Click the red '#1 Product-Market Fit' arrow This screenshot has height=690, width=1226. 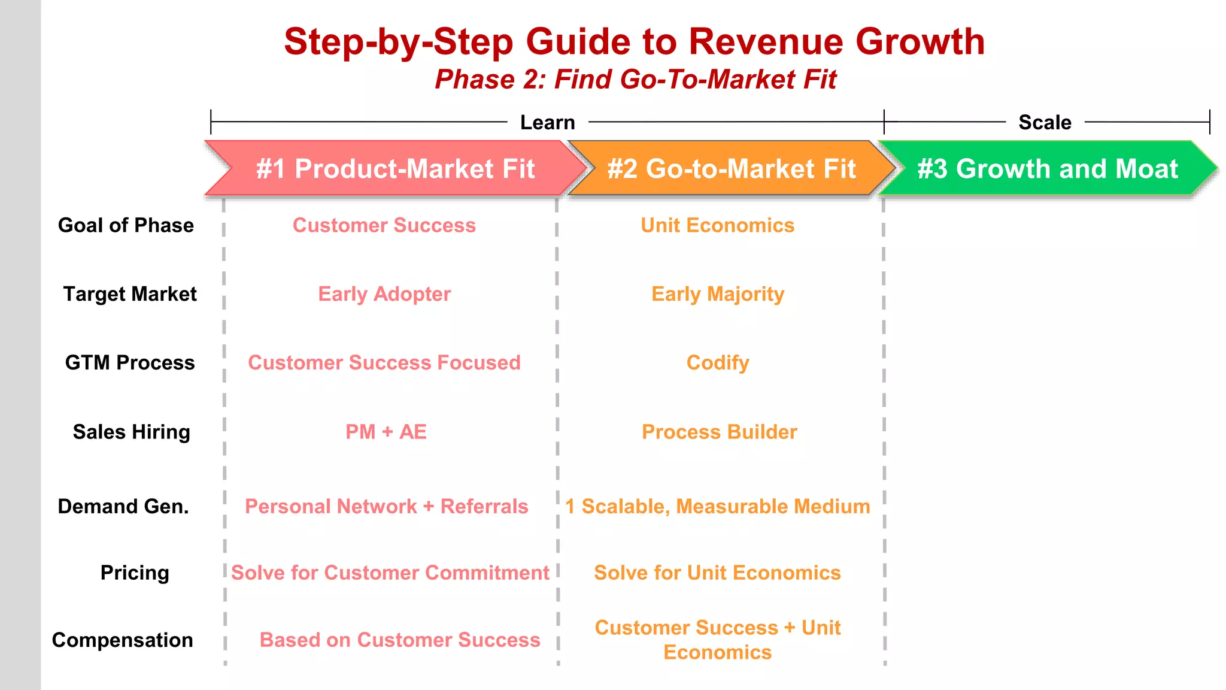tap(395, 169)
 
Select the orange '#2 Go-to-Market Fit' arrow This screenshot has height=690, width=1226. tap(732, 169)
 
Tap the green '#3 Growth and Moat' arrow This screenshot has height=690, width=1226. tap(1048, 169)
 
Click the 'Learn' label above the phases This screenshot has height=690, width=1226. tap(547, 122)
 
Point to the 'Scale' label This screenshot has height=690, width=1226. tap(1045, 122)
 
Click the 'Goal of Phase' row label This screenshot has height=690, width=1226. tap(126, 225)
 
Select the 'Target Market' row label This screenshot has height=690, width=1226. tap(130, 294)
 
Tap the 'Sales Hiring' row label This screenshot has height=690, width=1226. tap(132, 432)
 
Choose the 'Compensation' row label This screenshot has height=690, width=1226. tap(123, 640)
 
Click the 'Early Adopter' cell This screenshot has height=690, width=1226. tap(384, 294)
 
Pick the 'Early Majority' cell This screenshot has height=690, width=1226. tap(718, 294)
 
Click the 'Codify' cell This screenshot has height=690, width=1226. tap(718, 363)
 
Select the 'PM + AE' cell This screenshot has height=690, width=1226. tap(386, 432)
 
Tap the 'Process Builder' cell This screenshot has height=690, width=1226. tap(719, 432)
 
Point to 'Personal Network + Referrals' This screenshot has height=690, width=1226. tap(387, 507)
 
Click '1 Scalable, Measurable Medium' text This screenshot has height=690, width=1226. tap(718, 507)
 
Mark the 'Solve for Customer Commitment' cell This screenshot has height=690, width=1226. tap(390, 573)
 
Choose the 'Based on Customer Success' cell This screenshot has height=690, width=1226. tap(400, 640)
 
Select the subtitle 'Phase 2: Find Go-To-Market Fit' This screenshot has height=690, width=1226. tap(635, 80)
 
